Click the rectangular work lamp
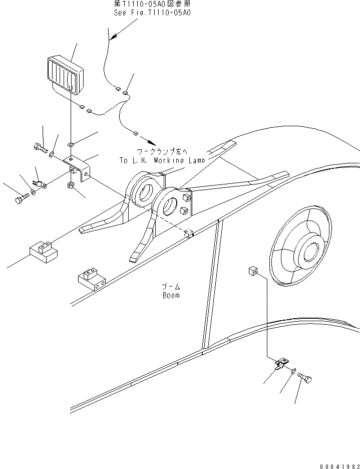[x=65, y=76]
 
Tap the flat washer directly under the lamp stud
[x=72, y=145]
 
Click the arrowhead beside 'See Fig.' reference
[x=113, y=37]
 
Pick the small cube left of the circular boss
[x=252, y=272]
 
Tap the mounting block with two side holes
[x=91, y=280]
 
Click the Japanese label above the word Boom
[x=171, y=287]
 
